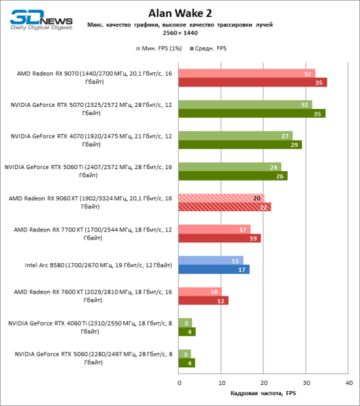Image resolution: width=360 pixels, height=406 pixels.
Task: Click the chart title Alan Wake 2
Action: [179, 12]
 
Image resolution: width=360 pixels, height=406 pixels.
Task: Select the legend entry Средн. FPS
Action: [210, 49]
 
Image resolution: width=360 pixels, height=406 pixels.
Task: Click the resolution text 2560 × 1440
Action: [179, 33]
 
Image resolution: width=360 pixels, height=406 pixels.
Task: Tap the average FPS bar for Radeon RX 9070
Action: [252, 83]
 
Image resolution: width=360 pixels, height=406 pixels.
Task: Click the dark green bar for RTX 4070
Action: [240, 145]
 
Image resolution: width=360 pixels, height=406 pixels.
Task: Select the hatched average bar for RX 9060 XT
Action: [225, 207]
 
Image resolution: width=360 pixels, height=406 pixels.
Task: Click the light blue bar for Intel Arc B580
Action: [210, 260]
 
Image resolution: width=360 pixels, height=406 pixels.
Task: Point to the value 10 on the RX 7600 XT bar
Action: [215, 291]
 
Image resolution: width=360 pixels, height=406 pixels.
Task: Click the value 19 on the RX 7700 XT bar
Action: [254, 238]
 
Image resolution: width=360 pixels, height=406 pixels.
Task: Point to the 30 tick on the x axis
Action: [306, 383]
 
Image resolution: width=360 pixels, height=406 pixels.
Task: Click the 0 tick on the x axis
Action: [179, 383]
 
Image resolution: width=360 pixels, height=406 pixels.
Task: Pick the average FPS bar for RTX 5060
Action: [186, 363]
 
